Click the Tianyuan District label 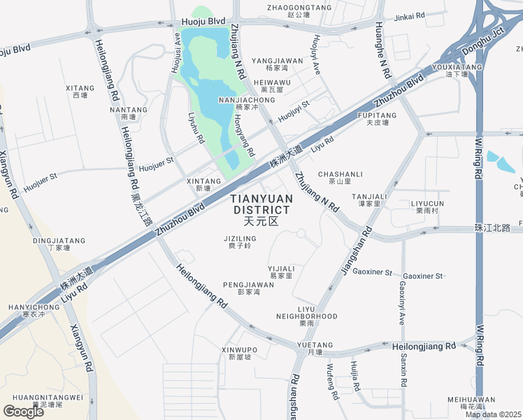point(261,209)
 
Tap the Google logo point(24,412)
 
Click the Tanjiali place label point(369,199)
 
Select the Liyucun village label point(427,206)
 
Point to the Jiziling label point(240,241)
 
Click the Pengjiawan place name point(248,288)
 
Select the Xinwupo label point(239,353)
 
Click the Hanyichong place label point(34,310)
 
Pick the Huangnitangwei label point(48,400)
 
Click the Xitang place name point(80,92)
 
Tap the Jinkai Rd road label point(410,15)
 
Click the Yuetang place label point(315,348)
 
